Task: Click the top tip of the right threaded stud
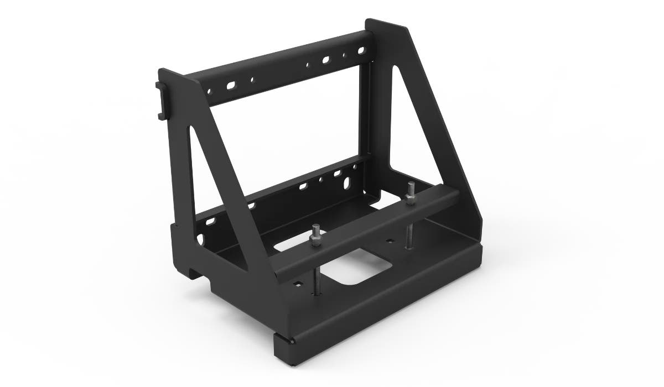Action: (x=410, y=184)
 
